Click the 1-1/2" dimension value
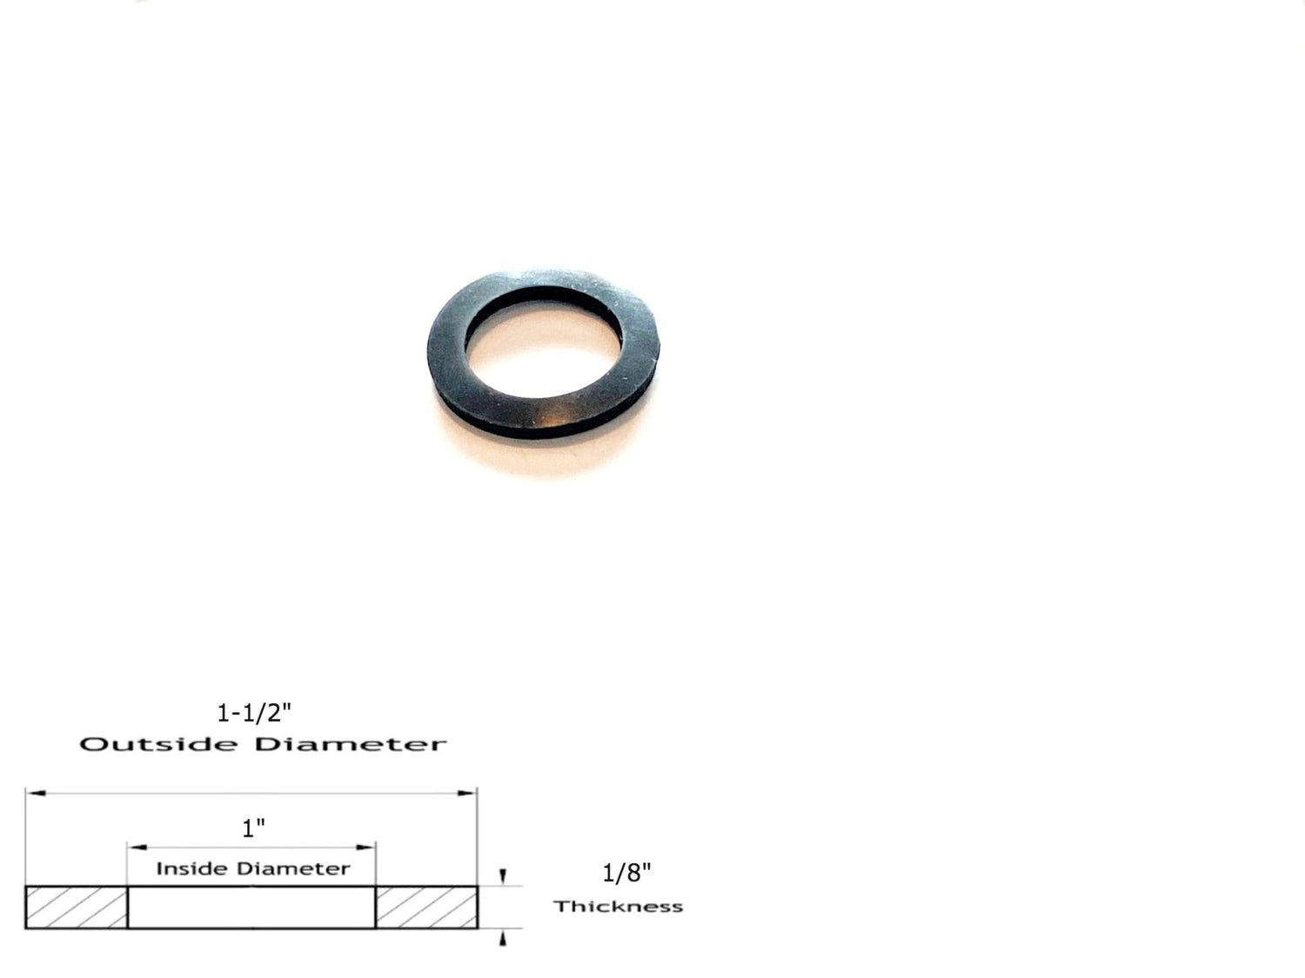253,714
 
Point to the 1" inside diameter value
253,828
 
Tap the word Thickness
619,907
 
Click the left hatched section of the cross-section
77,908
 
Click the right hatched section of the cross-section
426,908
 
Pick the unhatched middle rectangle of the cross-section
251,908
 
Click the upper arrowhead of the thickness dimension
504,877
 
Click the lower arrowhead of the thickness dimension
504,937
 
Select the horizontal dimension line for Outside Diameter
251,793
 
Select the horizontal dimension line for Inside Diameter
251,846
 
